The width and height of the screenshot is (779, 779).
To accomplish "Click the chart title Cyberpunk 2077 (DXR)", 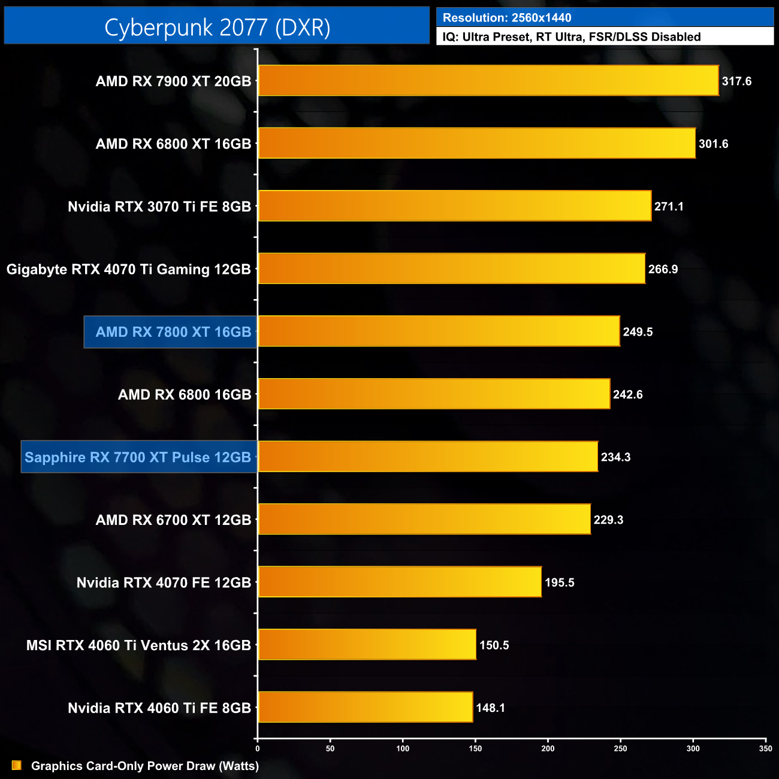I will point(217,28).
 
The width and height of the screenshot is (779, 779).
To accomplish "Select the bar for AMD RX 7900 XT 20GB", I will point(488,80).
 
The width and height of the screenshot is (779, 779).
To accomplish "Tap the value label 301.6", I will point(713,144).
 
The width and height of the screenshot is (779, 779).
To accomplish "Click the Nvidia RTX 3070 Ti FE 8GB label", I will point(159,207).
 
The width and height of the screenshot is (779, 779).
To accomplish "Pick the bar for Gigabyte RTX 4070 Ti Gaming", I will point(451,268).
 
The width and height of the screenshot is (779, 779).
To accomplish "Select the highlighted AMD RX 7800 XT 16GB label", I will point(173,332).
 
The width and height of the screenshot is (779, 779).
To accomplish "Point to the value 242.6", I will point(627,395).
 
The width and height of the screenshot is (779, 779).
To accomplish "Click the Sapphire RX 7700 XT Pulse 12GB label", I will point(138,457).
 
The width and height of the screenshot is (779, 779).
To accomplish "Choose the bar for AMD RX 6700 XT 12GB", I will point(424,519).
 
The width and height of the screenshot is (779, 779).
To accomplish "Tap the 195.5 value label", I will point(559,582).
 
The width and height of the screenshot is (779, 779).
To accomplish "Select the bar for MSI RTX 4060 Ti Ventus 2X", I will point(367,644).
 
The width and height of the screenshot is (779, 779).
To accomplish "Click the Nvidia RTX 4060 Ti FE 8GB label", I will point(159,708).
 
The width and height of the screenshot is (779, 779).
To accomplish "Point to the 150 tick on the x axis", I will point(475,748).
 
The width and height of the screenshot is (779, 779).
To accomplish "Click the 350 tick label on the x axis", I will point(765,748).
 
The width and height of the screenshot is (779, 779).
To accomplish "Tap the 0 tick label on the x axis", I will point(258,748).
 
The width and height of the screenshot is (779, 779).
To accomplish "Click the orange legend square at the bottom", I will point(17,766).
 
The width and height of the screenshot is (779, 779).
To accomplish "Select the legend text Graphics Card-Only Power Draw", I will point(144,766).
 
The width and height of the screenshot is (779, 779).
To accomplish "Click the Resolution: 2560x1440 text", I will point(507,18).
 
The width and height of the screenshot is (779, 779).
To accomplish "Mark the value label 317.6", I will point(736,81).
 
